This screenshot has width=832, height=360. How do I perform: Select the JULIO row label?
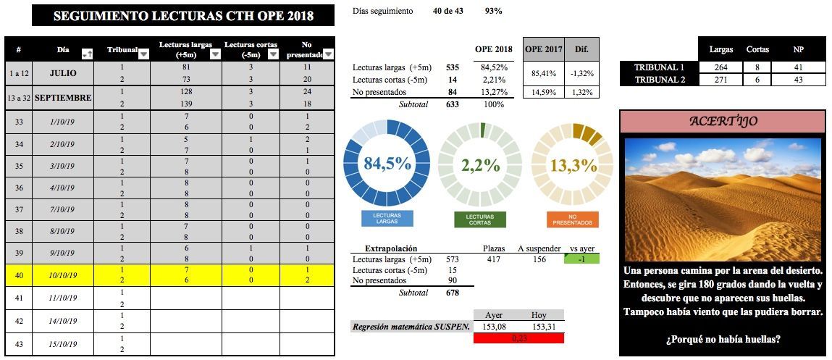(63, 73)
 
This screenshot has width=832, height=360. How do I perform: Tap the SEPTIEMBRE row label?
(63, 97)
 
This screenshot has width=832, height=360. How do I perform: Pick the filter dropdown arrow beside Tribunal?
(143, 54)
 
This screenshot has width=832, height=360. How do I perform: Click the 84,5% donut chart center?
(387, 164)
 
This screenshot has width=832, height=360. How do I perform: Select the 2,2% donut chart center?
(480, 164)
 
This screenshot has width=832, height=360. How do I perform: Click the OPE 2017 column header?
(544, 49)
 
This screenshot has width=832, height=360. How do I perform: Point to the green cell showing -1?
(581, 259)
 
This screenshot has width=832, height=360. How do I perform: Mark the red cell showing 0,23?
(518, 338)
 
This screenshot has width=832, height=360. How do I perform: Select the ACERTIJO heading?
(722, 121)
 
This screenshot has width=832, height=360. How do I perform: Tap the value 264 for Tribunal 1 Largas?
(721, 67)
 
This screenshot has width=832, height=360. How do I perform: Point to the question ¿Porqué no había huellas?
(722, 339)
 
